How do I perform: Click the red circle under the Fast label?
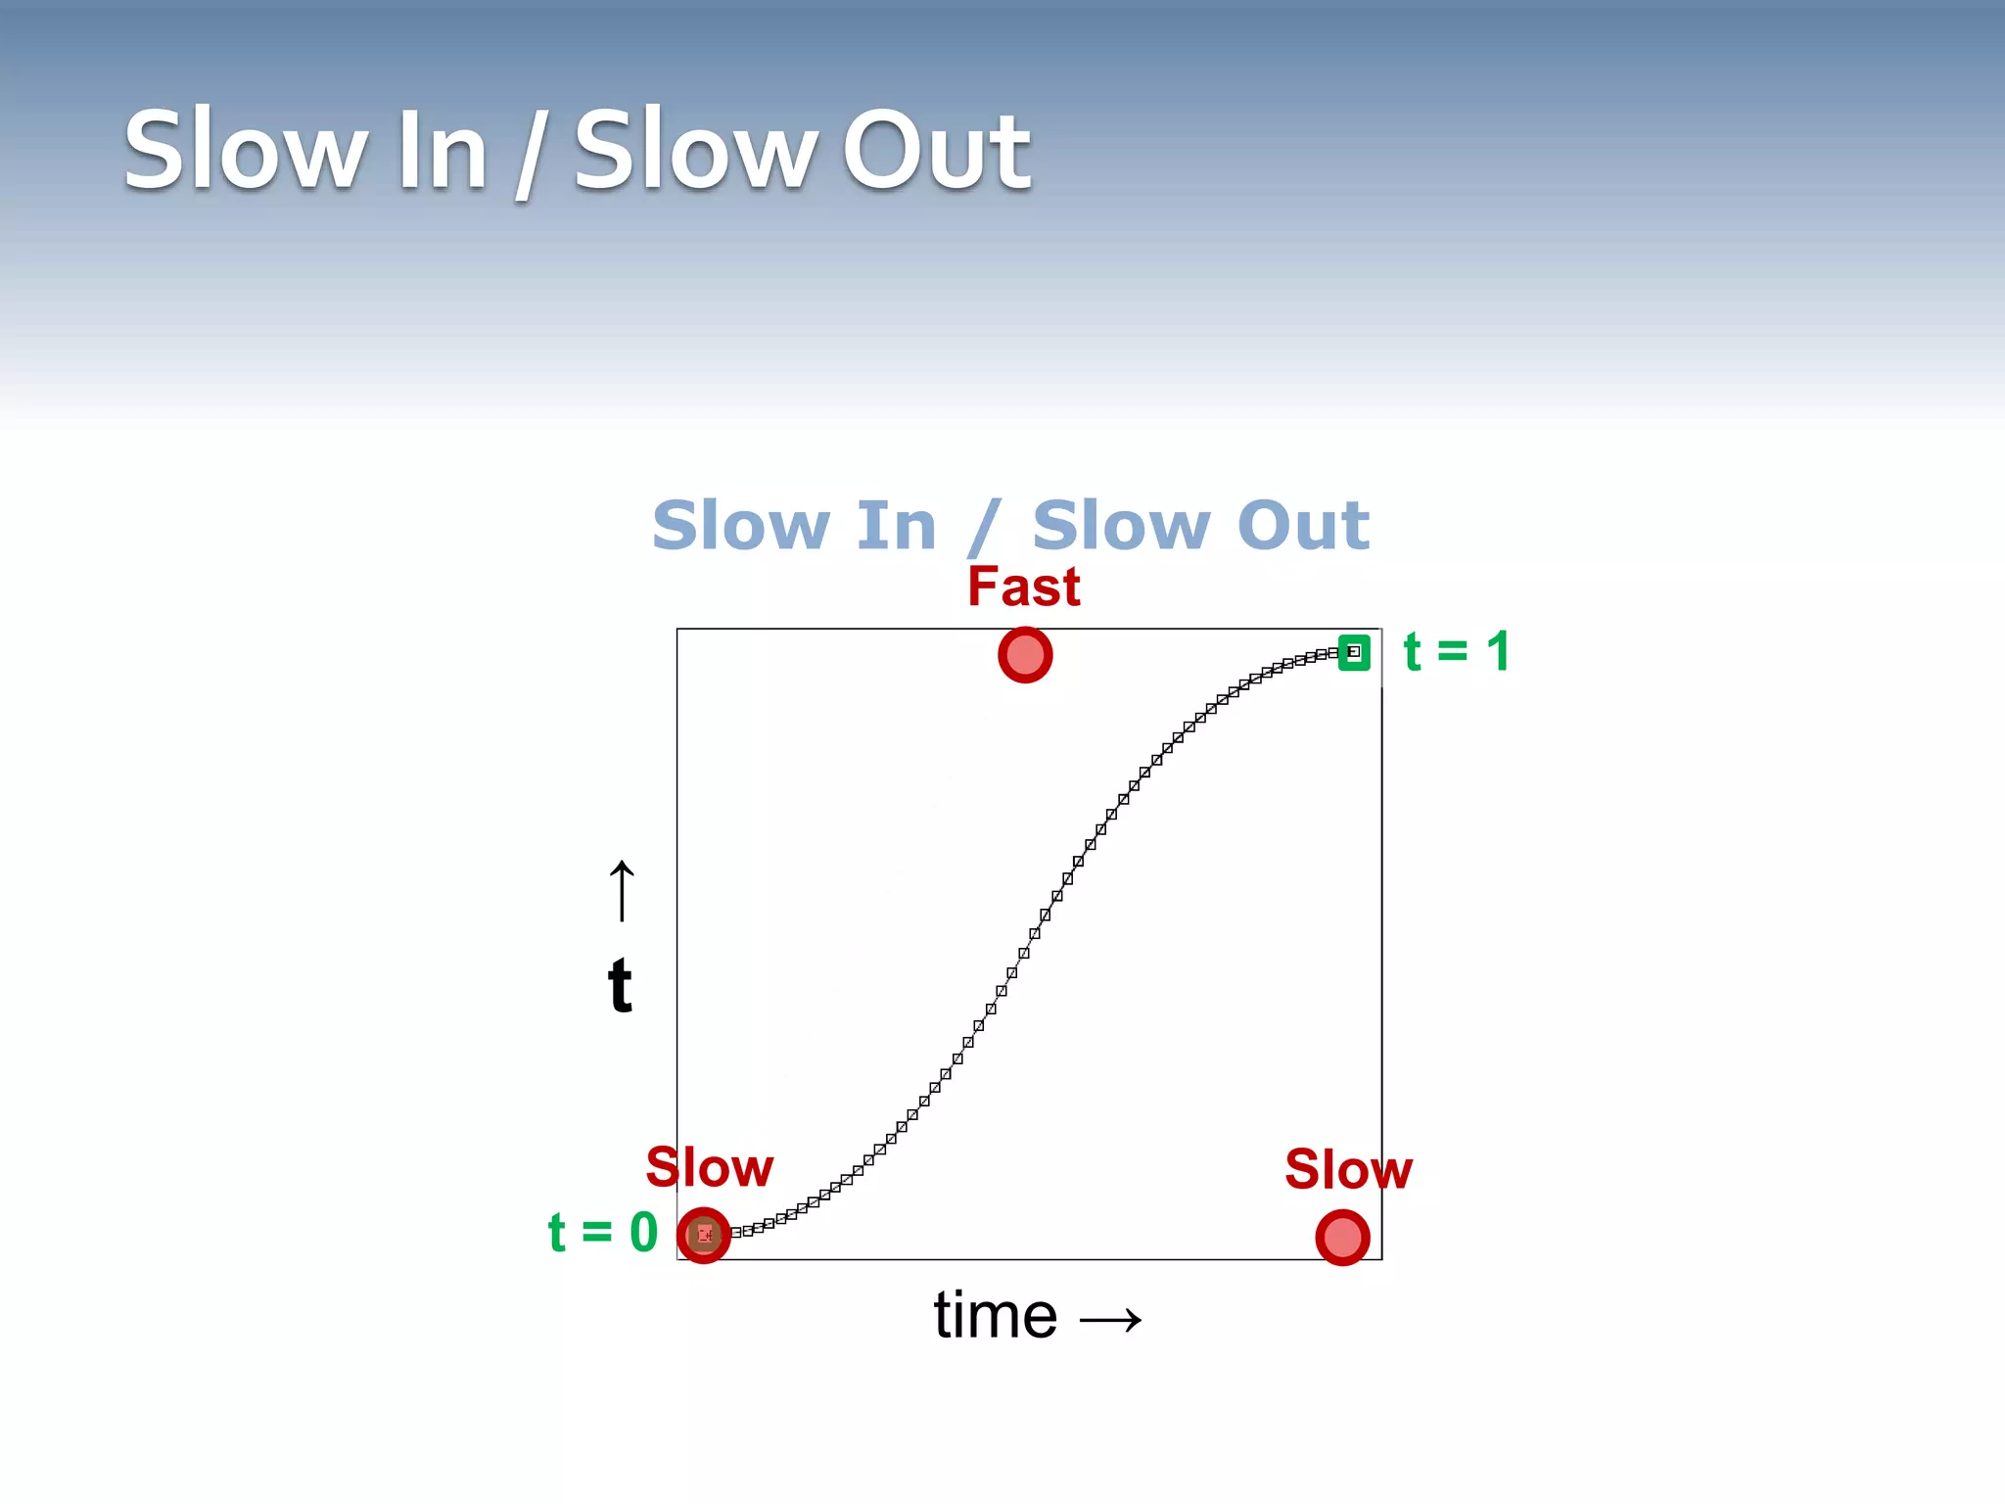pos(1025,655)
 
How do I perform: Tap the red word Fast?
pos(1023,587)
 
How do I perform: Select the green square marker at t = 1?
pos(1354,652)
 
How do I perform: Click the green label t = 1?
pos(1456,651)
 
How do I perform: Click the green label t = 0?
pos(602,1232)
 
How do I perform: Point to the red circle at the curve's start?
pos(704,1235)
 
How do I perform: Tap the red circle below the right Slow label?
pos(1342,1238)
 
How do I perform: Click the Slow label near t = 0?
pos(709,1167)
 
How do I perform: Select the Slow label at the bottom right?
pos(1348,1169)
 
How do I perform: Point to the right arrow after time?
pos(1110,1320)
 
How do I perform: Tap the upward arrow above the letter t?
pos(622,891)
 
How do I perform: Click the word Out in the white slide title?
pos(936,152)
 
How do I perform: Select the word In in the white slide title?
pos(443,152)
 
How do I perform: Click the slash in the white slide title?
pos(530,155)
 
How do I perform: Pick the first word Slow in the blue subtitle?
pos(740,526)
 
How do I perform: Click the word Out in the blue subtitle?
pos(1302,526)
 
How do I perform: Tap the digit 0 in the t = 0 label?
pos(643,1232)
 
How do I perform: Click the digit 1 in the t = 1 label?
pos(1497,651)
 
